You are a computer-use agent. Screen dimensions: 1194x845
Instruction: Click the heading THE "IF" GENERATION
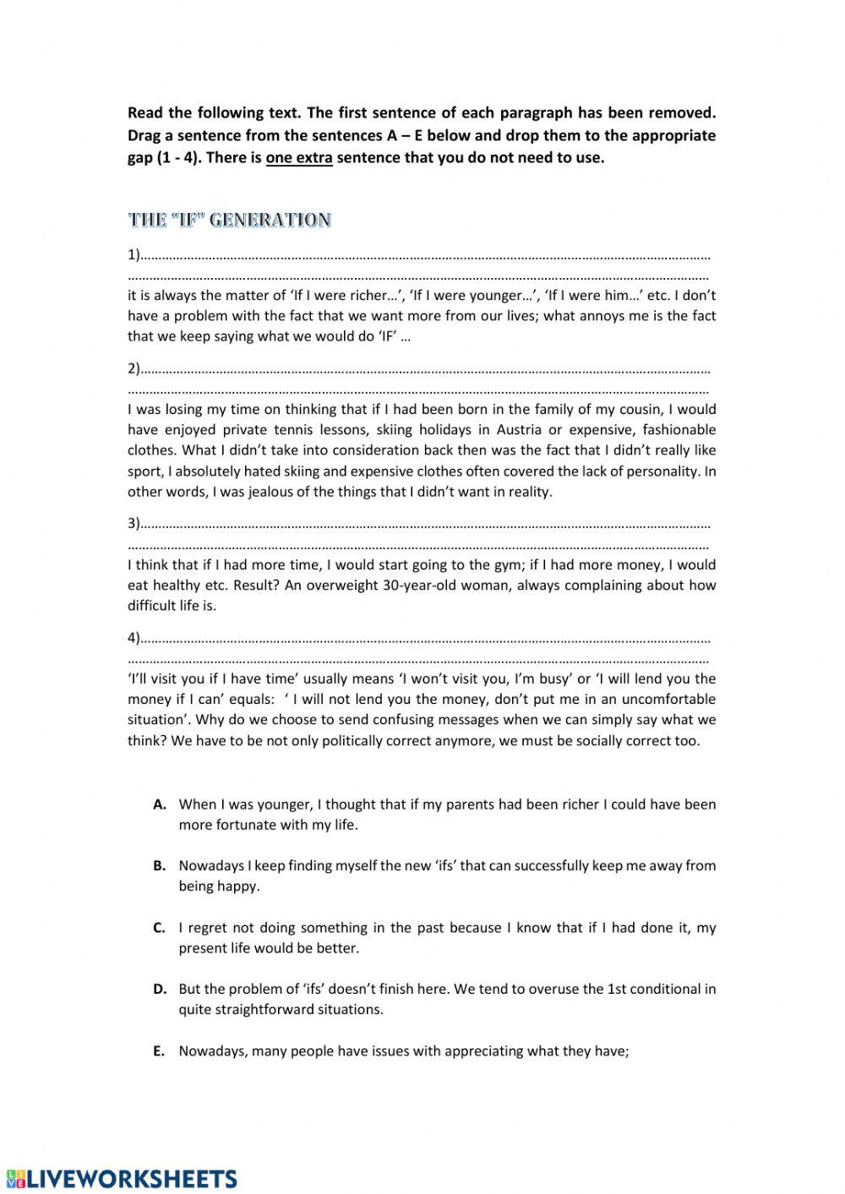[x=229, y=221]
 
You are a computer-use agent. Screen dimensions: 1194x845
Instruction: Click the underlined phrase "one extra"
[x=298, y=158]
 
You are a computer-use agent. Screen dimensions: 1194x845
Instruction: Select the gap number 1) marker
[x=134, y=255]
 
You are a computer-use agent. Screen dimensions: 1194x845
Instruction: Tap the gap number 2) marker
[x=134, y=368]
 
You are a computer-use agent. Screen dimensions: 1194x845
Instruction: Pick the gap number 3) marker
[x=134, y=524]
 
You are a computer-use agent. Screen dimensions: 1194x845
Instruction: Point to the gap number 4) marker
[x=134, y=638]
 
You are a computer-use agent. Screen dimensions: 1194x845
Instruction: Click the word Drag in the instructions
[x=146, y=136]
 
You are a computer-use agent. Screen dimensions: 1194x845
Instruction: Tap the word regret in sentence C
[x=210, y=928]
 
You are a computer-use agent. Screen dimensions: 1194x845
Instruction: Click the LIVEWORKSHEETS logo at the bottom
[x=122, y=1179]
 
